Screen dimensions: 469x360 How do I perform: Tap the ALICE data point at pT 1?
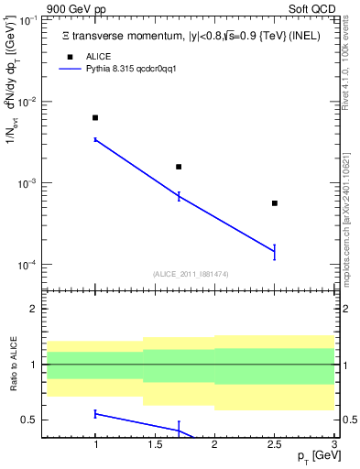point(95,118)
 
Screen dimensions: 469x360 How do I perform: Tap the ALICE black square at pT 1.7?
point(179,167)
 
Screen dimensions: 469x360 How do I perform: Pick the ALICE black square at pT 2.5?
point(275,203)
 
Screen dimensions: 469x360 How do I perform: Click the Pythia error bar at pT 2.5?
point(275,252)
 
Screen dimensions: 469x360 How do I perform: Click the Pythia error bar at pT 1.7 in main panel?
point(179,196)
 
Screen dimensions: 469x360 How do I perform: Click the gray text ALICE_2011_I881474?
point(190,274)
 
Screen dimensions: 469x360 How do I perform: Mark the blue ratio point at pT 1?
point(95,414)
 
